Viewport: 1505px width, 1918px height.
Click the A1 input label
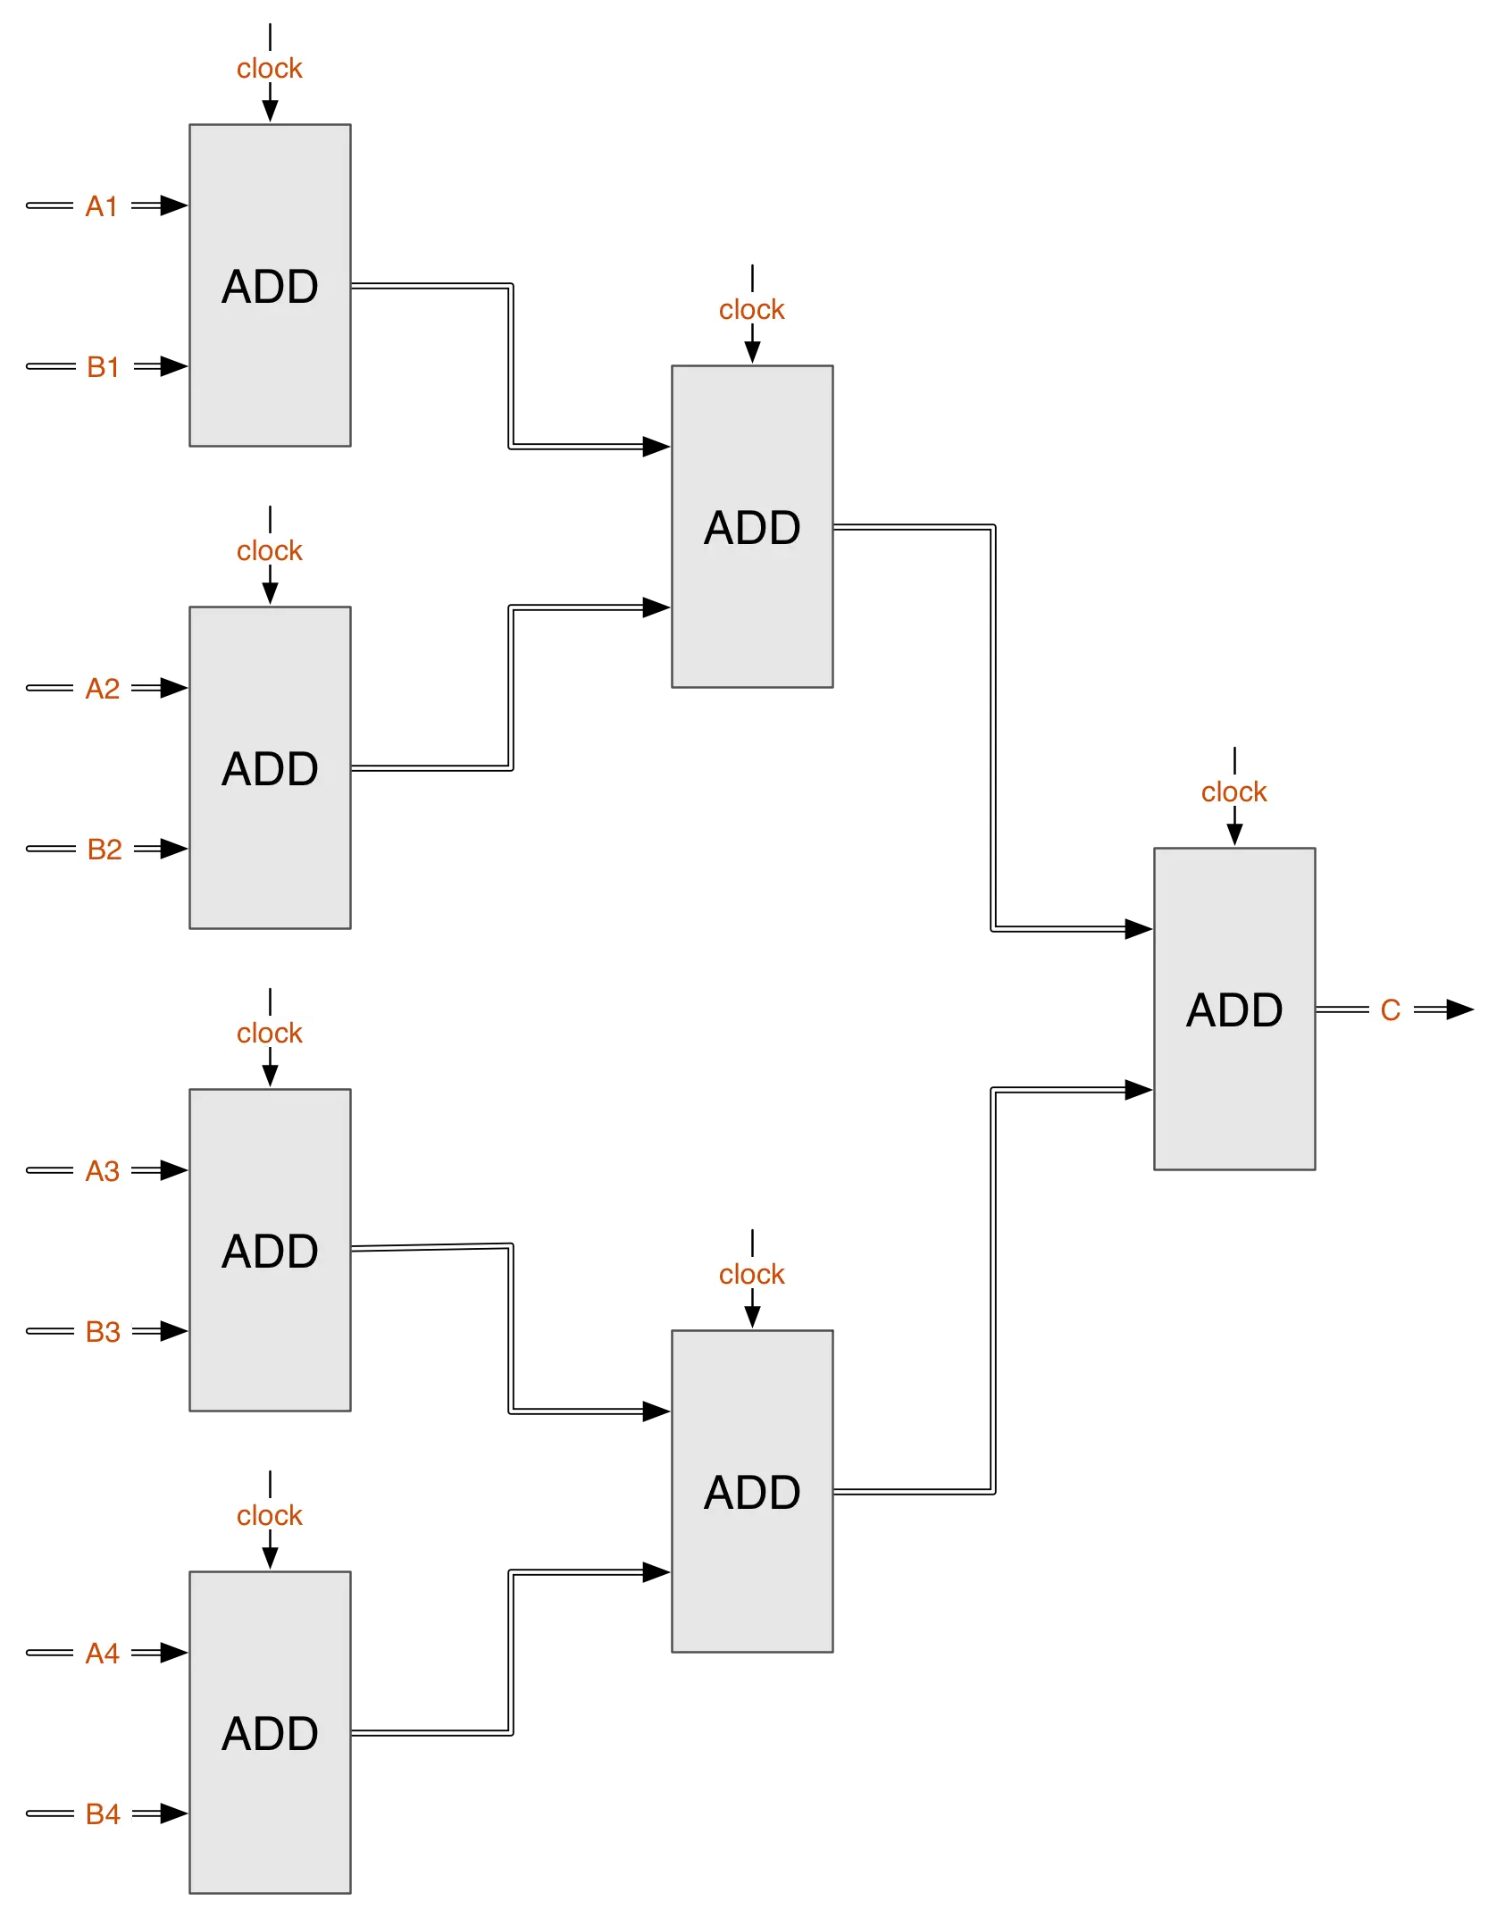(103, 205)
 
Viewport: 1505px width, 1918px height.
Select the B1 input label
(104, 367)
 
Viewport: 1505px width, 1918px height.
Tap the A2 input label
(103, 689)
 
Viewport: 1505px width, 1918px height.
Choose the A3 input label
(103, 1170)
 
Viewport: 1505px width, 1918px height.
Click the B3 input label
(104, 1332)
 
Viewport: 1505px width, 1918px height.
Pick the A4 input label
(103, 1654)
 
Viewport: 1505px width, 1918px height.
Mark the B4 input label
(104, 1814)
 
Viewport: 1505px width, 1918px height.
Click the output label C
(1390, 1010)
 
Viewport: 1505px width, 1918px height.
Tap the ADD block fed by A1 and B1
(270, 375)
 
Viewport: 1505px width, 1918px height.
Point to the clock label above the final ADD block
(1233, 791)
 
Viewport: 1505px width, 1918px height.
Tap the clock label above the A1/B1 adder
(269, 69)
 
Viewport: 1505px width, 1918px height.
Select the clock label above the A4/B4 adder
(269, 1515)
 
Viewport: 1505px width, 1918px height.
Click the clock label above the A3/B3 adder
(269, 1033)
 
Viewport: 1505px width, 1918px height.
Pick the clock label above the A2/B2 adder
(269, 550)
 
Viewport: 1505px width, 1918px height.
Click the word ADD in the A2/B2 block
(270, 769)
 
